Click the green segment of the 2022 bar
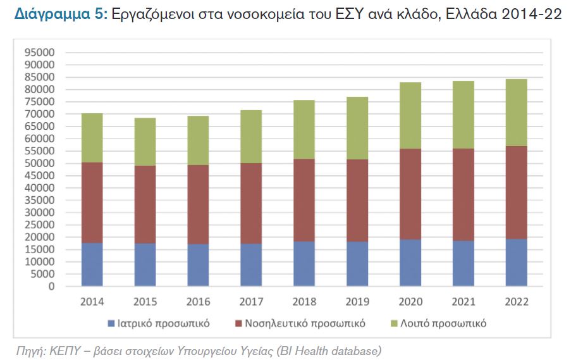coord(516,113)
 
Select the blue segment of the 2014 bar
coord(92,264)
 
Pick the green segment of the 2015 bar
coord(145,142)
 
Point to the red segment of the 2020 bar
coord(410,194)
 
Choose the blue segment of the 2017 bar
coord(251,265)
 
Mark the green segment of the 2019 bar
coord(357,128)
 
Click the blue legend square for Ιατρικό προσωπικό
coord(111,323)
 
